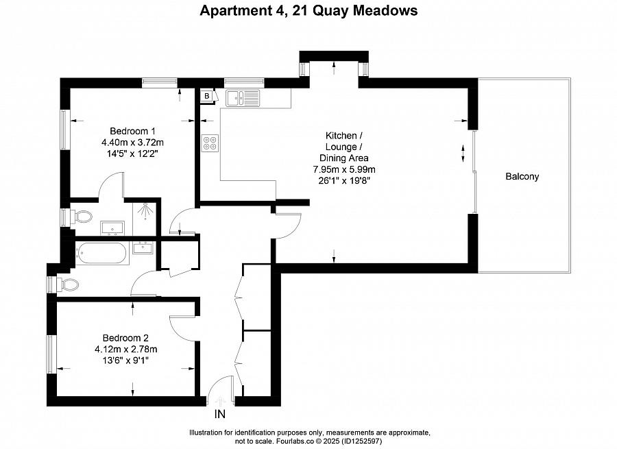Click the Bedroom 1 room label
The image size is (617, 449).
134,131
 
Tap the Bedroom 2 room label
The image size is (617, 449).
125,337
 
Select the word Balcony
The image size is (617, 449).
522,176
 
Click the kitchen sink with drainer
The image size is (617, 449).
244,98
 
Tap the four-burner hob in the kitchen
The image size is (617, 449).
210,142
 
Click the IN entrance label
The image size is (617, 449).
220,414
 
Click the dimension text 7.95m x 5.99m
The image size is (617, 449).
344,169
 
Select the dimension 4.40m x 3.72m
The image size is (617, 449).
134,143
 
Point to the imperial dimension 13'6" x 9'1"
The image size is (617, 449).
125,360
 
